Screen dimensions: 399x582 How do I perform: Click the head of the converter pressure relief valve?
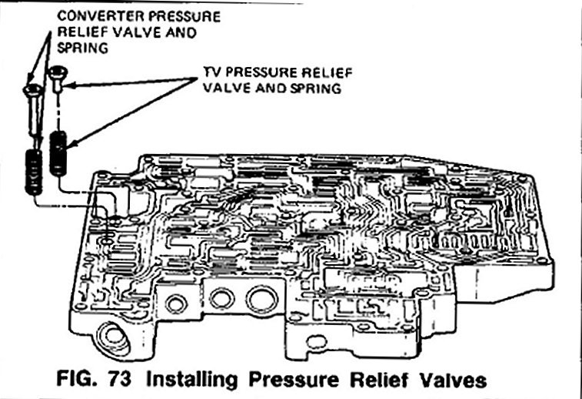[x=31, y=89]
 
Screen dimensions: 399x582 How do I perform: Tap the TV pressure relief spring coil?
[x=58, y=152]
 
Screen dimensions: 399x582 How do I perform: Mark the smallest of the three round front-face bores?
[x=176, y=303]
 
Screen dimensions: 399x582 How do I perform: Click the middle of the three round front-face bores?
[x=221, y=299]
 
